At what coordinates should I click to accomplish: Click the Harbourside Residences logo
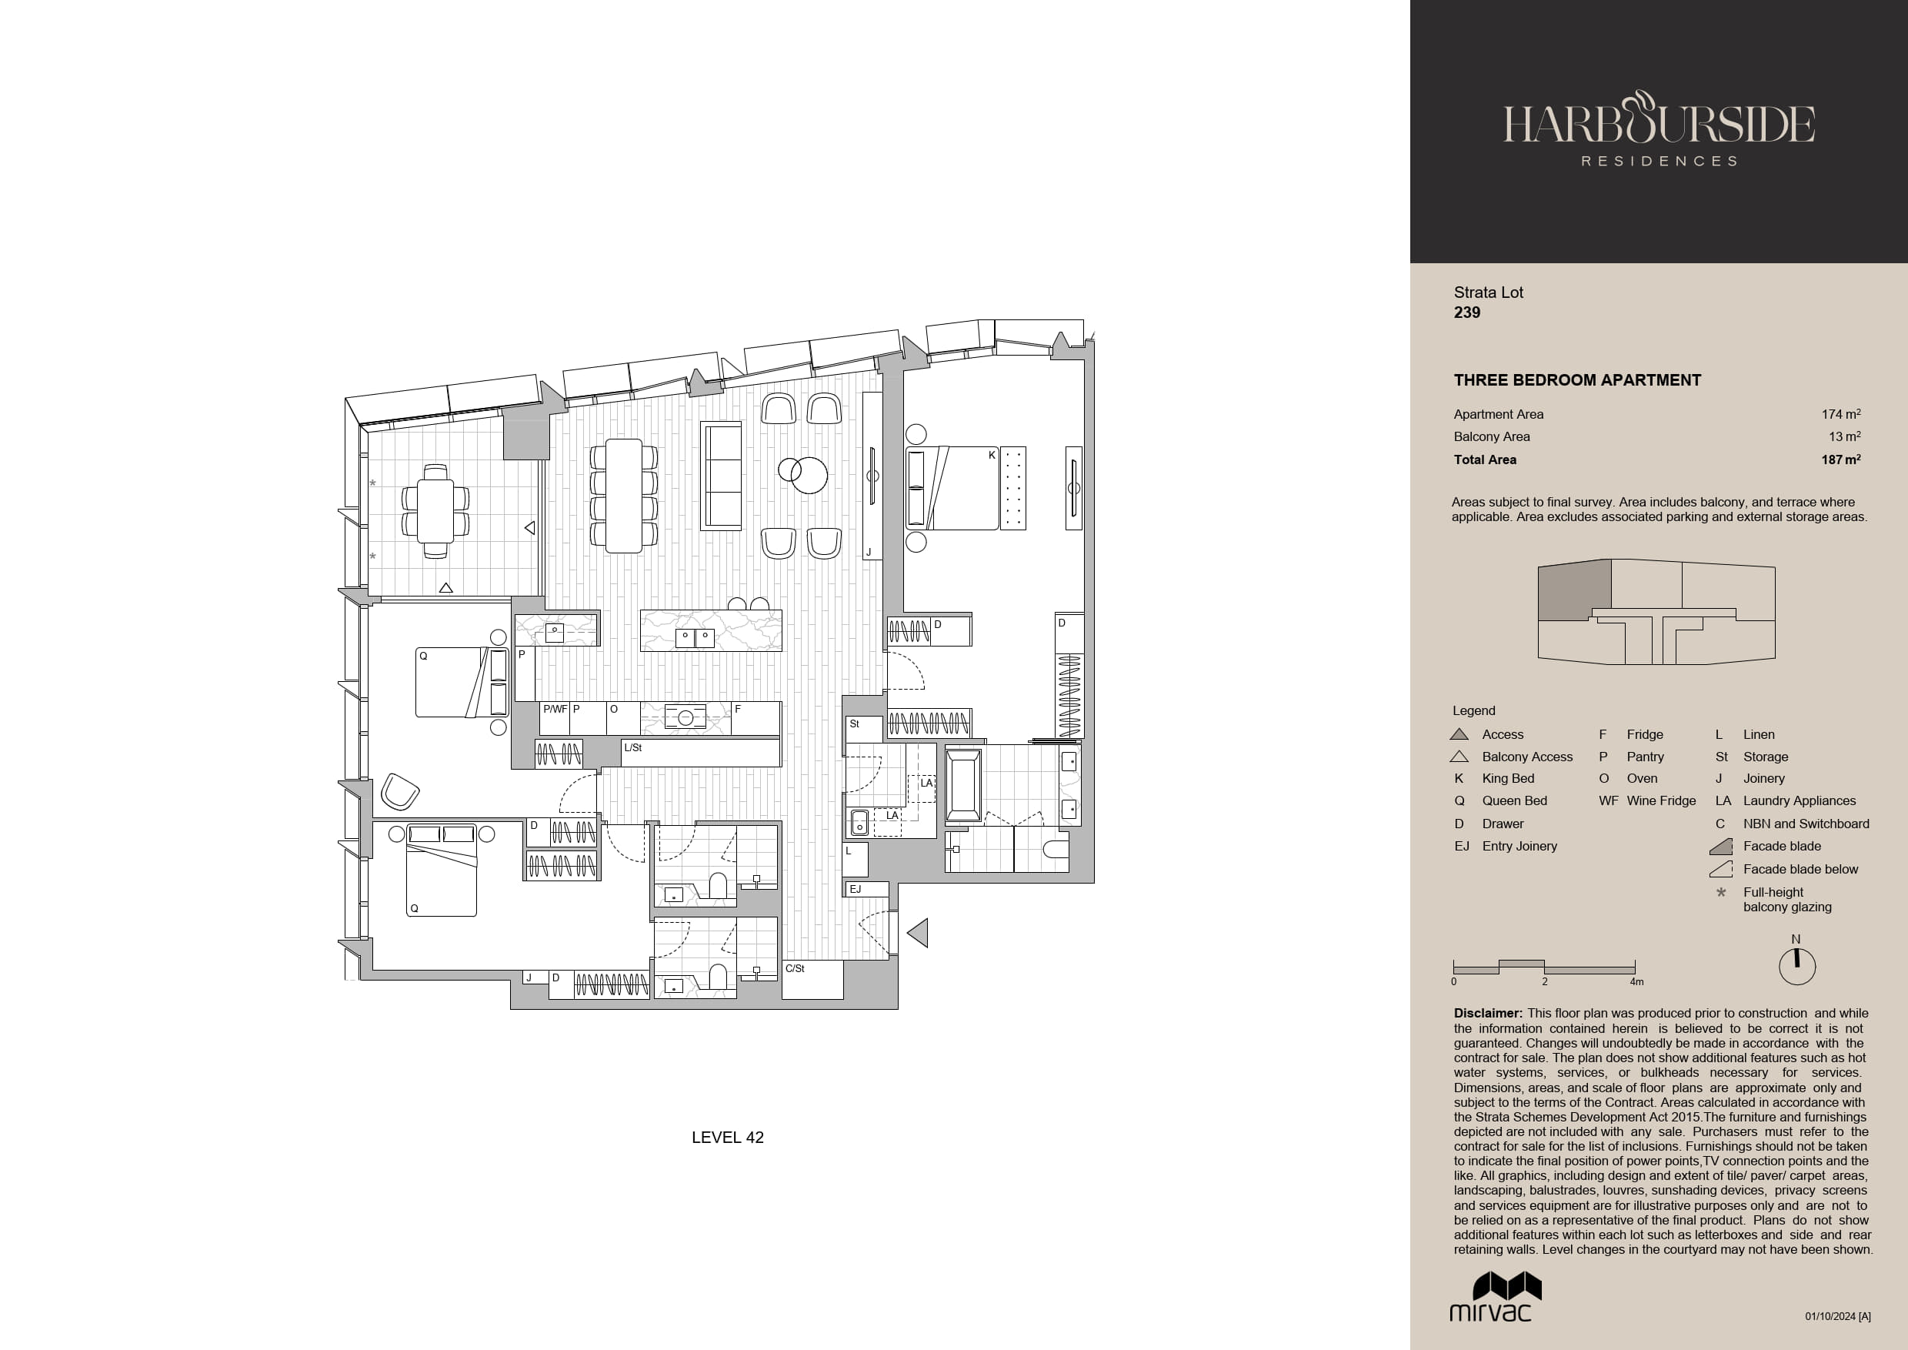pyautogui.click(x=1659, y=129)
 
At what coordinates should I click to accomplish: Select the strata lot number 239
pyautogui.click(x=1466, y=312)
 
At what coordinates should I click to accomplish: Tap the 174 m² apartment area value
pyautogui.click(x=1841, y=414)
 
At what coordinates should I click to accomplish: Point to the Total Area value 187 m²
pyautogui.click(x=1841, y=459)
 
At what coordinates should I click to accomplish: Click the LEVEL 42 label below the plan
pyautogui.click(x=727, y=1138)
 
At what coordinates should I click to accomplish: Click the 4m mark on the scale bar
pyautogui.click(x=1636, y=982)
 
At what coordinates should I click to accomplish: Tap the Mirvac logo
pyautogui.click(x=1496, y=1297)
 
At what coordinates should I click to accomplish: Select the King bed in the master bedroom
pyautogui.click(x=952, y=488)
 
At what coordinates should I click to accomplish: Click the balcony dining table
pyautogui.click(x=435, y=511)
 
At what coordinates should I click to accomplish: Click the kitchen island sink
pyautogui.click(x=695, y=638)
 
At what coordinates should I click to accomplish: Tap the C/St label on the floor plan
pyautogui.click(x=796, y=968)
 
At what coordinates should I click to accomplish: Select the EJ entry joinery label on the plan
pyautogui.click(x=855, y=890)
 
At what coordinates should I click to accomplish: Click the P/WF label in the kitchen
pyautogui.click(x=554, y=709)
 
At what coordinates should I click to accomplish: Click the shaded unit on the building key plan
pyautogui.click(x=1575, y=590)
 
